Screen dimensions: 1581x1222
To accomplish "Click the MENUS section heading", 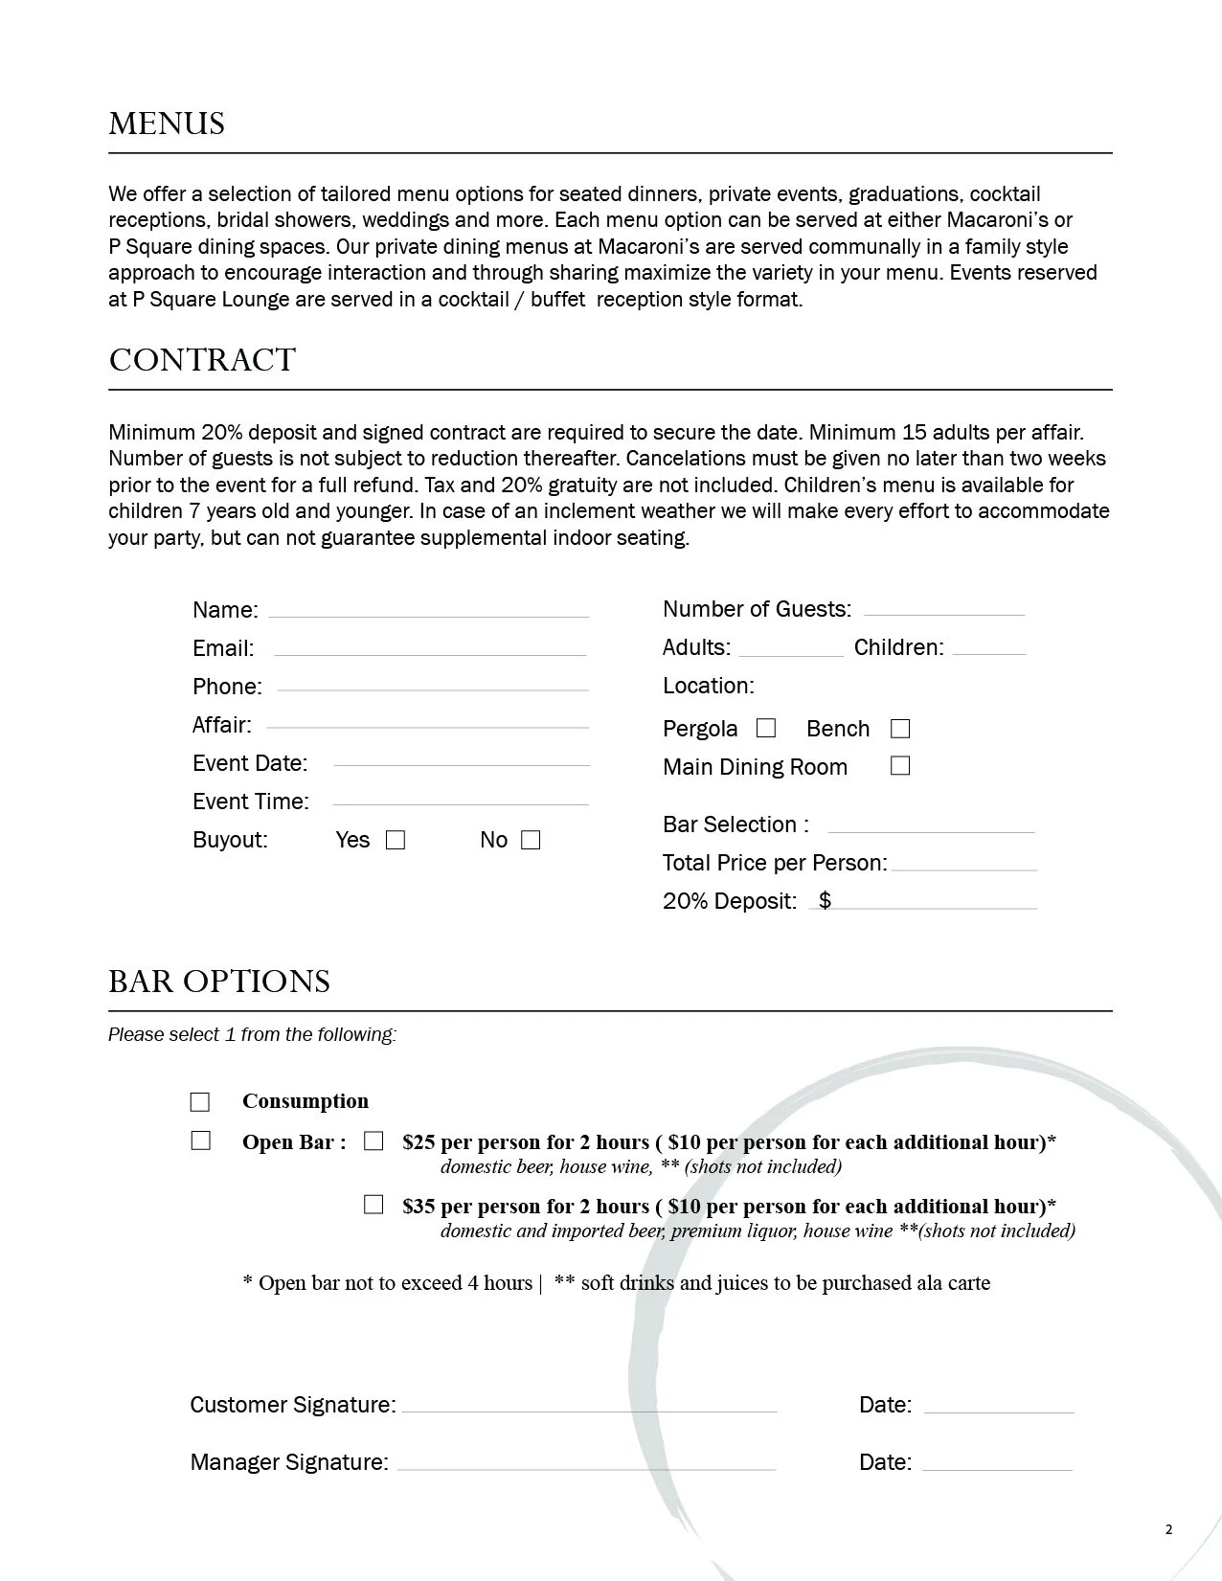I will (167, 124).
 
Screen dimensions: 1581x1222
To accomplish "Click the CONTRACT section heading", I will (202, 360).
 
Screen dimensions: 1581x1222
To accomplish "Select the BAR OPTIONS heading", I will (219, 982).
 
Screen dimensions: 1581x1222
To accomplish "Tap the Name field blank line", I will (428, 613).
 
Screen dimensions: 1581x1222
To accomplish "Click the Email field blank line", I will (429, 651).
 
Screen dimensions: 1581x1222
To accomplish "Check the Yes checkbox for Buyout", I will (396, 841).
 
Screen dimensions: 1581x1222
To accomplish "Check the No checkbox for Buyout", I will (531, 841).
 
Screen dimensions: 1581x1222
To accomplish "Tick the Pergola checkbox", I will (766, 729).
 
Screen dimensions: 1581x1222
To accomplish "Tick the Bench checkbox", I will (900, 730).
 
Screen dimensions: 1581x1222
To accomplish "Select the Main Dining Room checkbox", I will (900, 766).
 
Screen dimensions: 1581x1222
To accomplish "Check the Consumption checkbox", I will (200, 1102).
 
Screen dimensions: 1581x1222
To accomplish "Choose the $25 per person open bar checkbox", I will (373, 1141).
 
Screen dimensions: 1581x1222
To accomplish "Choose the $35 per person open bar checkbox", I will (373, 1205).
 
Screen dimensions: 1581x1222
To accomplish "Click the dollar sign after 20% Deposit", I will (825, 901).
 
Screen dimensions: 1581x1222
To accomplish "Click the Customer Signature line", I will (589, 1408).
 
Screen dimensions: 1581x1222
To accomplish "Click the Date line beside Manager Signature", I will (997, 1465).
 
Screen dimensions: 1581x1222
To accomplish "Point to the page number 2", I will (1168, 1529).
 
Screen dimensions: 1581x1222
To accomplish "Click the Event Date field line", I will (462, 762).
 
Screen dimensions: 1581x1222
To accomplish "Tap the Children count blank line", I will (989, 650).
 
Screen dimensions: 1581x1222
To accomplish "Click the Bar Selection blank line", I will (931, 828).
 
